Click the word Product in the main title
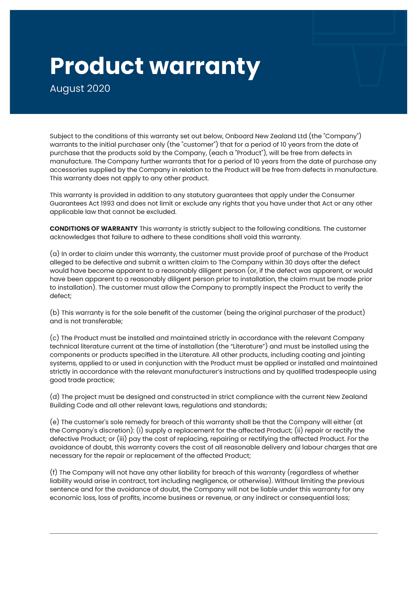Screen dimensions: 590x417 point(97,66)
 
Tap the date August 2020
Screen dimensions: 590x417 point(80,88)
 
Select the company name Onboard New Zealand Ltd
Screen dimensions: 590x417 point(266,136)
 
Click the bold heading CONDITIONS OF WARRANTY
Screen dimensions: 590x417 point(93,229)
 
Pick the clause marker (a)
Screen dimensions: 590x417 point(54,254)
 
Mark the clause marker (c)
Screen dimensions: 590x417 point(54,338)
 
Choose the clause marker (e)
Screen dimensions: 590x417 point(54,422)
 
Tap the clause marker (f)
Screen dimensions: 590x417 point(54,473)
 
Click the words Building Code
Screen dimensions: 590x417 point(71,405)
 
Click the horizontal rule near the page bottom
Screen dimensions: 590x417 point(213,533)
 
